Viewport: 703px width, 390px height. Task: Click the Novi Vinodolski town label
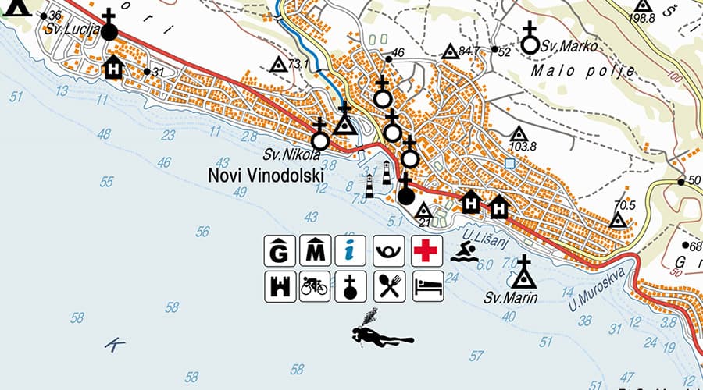pos(266,175)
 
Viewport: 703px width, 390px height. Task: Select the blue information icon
pos(351,250)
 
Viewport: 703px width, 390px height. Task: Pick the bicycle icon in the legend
pos(314,286)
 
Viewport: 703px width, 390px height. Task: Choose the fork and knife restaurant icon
pos(388,286)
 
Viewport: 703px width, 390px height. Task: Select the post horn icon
pos(388,250)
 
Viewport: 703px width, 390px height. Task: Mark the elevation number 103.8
pos(522,147)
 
